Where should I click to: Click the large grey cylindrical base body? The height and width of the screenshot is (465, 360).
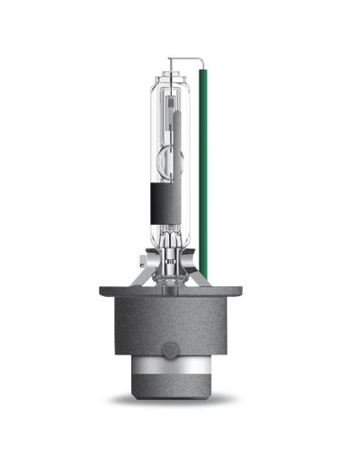coord(180,326)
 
